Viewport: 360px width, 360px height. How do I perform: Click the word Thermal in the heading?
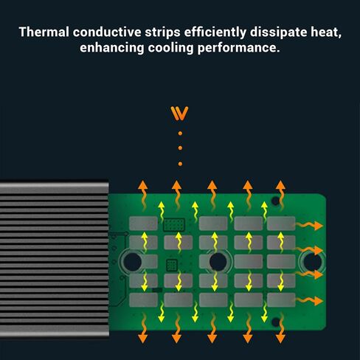[44, 32]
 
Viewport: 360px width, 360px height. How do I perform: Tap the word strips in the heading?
[162, 33]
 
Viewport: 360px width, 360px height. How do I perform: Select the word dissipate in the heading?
[278, 33]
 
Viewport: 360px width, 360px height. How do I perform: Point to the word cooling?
[170, 48]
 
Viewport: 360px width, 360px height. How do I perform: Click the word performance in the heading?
[238, 48]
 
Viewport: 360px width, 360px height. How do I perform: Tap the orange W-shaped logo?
[179, 114]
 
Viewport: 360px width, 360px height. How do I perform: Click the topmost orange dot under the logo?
[180, 134]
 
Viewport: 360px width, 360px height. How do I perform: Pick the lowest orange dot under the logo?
[180, 164]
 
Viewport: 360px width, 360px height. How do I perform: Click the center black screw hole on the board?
[218, 262]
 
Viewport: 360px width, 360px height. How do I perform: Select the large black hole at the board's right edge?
[313, 262]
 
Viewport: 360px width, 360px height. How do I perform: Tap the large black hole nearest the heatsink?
[132, 262]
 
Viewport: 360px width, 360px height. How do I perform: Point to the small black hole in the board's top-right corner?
[275, 201]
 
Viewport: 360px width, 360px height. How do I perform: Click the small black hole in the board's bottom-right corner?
[276, 322]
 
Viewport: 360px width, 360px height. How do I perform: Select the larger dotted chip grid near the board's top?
[174, 225]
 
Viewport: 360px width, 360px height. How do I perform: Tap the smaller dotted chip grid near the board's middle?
[172, 265]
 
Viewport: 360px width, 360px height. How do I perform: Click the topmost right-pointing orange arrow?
[309, 226]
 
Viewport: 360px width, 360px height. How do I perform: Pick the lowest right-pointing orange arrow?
[309, 301]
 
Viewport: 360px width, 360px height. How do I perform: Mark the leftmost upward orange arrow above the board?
[142, 195]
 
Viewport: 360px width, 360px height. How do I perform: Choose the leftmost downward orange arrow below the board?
[142, 328]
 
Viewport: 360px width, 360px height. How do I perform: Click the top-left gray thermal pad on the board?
[143, 224]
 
